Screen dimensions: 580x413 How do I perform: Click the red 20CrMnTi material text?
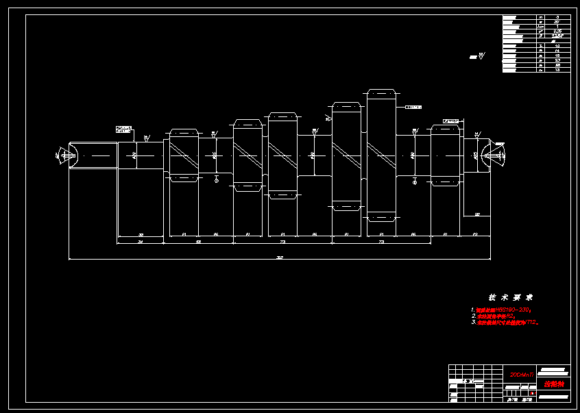pos(522,375)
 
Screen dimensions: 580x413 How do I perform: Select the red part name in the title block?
pos(553,384)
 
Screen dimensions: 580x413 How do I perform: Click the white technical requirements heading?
pos(511,297)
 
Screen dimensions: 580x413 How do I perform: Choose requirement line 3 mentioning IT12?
pos(507,322)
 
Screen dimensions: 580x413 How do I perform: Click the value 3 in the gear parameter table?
pos(557,16)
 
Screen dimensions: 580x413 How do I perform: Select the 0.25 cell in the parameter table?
pos(557,31)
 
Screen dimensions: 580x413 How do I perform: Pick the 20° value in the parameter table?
pos(557,21)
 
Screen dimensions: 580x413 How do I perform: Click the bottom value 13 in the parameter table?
pos(557,70)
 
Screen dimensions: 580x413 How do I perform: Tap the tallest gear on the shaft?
pos(381,155)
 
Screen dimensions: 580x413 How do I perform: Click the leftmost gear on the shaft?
pos(184,155)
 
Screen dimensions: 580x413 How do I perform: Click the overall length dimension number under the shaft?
pos(279,258)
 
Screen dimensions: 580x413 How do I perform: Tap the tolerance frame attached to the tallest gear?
pos(413,107)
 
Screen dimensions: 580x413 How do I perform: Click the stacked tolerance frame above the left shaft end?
pos(124,129)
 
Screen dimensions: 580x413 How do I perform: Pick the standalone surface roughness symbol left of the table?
pos(476,57)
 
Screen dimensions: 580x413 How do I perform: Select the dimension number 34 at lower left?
pos(141,242)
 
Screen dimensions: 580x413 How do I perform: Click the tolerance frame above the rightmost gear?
pos(451,121)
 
